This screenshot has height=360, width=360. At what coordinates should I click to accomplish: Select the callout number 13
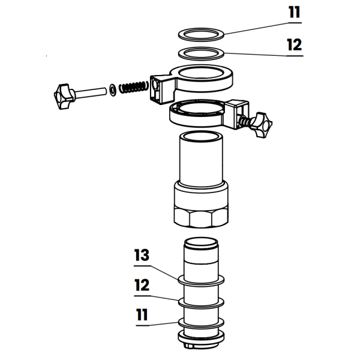142,255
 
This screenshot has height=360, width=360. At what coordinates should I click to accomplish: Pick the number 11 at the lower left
142,314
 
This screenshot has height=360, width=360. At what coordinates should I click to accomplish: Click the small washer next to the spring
113,91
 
